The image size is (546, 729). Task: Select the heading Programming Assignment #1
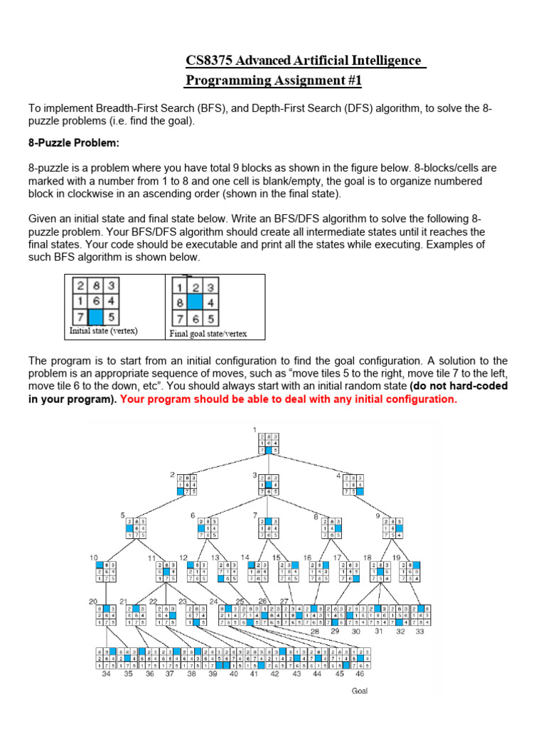tap(274, 80)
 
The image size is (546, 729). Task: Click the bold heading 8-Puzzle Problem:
tap(74, 143)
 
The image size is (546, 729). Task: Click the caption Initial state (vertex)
tap(103, 331)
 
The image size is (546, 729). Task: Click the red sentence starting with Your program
tap(289, 399)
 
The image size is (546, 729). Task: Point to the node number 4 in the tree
tap(340, 475)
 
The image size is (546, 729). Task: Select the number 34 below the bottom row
tap(107, 673)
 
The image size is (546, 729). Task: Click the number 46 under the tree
tap(360, 673)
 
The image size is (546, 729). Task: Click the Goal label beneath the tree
tap(360, 691)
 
